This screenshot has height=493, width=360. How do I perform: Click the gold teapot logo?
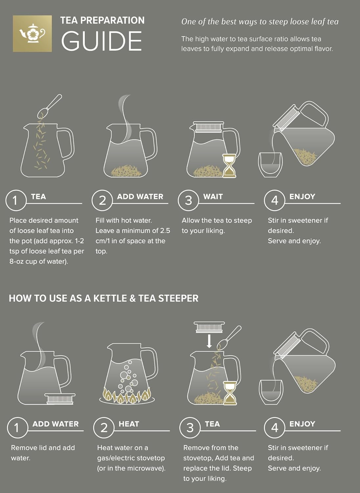[x=32, y=33]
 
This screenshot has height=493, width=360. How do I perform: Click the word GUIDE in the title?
[x=101, y=41]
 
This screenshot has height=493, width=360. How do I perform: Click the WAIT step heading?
[x=213, y=197]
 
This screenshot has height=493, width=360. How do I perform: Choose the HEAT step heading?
[x=129, y=424]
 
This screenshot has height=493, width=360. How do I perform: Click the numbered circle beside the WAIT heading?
[x=188, y=200]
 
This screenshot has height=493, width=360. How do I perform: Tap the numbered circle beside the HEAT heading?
[x=104, y=428]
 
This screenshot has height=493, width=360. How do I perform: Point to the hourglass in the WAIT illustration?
[x=229, y=166]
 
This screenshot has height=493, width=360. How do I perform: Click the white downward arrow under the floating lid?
[x=209, y=341]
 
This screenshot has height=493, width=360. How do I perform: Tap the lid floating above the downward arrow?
[x=209, y=327]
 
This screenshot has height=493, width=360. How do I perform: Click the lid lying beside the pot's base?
[x=60, y=398]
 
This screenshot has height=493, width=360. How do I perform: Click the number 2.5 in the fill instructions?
[x=165, y=231]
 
